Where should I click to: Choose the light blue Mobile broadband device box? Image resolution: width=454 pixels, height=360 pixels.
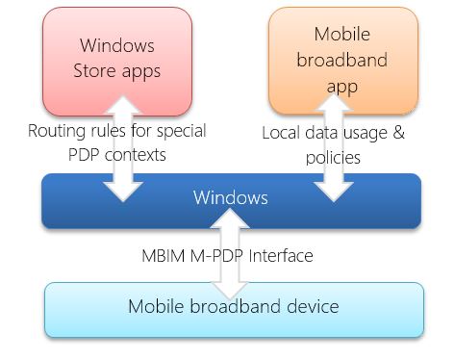pyautogui.click(x=234, y=309)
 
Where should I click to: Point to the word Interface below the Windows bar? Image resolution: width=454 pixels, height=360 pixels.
pyautogui.click(x=280, y=257)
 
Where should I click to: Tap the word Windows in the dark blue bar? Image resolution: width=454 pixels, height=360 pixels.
pyautogui.click(x=230, y=198)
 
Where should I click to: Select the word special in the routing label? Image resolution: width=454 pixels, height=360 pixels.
pyautogui.click(x=181, y=130)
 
